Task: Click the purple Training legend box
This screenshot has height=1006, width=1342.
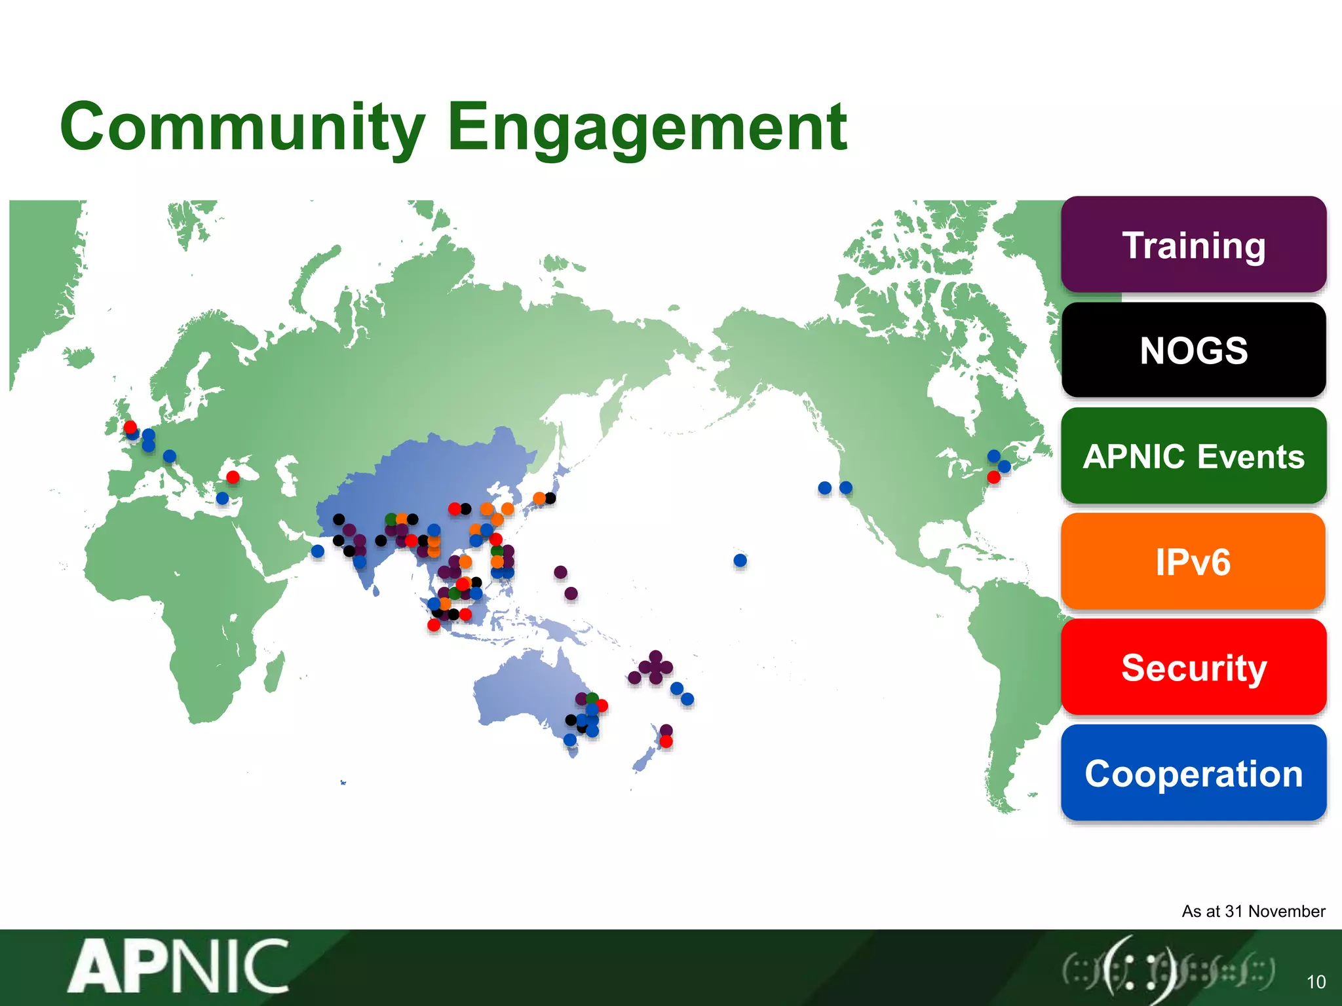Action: (x=1193, y=245)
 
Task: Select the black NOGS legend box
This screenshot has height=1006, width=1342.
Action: (x=1193, y=350)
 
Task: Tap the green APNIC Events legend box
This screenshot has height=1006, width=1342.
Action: (x=1193, y=456)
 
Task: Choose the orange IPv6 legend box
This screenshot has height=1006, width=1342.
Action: (x=1193, y=562)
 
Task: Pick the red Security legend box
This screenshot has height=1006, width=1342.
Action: (x=1193, y=667)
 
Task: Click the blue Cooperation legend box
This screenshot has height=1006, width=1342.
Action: (x=1193, y=773)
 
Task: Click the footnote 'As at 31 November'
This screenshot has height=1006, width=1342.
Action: (x=1253, y=911)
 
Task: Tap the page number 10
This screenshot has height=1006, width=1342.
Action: (x=1316, y=982)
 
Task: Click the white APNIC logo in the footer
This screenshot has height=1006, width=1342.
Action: (x=178, y=967)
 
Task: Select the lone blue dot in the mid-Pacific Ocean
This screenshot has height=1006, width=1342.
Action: (x=740, y=561)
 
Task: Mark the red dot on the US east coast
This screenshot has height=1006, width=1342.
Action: (x=993, y=477)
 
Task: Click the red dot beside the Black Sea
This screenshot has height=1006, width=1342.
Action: (x=233, y=477)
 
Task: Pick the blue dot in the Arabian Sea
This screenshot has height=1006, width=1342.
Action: (x=318, y=551)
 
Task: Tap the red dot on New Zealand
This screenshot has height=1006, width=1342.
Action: (x=666, y=741)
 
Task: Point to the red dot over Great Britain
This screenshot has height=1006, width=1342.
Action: (x=130, y=427)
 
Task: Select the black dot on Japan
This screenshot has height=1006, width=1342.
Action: (x=550, y=498)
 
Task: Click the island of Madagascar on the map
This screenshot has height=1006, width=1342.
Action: (x=274, y=672)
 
